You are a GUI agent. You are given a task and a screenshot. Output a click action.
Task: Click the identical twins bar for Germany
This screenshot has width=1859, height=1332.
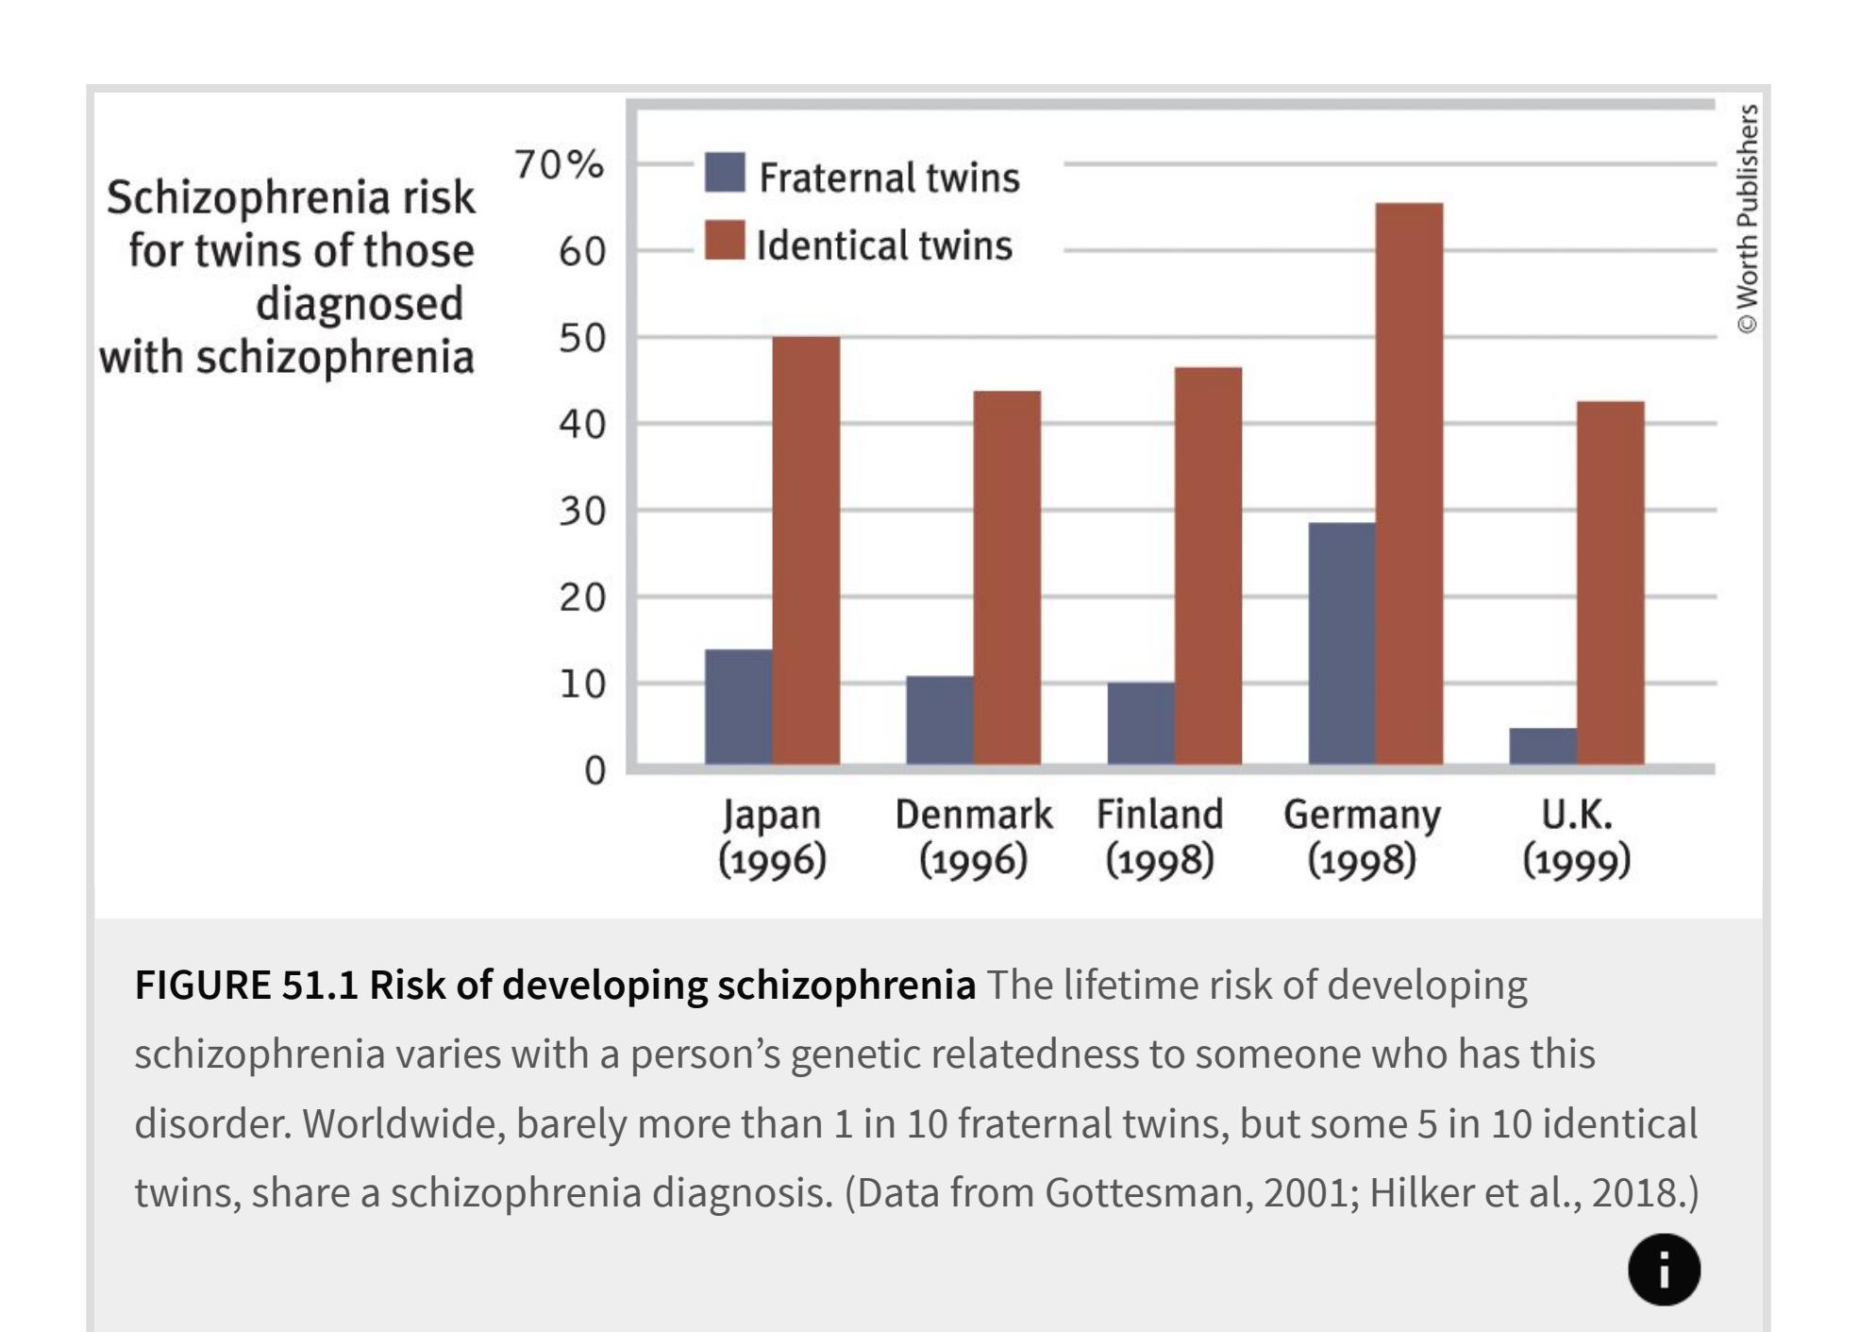(x=1409, y=482)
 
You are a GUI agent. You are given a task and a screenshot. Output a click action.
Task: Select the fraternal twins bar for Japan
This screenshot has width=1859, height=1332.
(x=738, y=706)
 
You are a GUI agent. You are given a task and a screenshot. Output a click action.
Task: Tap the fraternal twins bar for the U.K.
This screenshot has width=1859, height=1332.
(x=1543, y=746)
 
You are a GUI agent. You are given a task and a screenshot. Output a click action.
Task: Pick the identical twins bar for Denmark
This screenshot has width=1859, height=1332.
(x=1007, y=577)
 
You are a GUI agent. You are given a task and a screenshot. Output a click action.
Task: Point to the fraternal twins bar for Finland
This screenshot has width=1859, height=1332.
(x=1141, y=722)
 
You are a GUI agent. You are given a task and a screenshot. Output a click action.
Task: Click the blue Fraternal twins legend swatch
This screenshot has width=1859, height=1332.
(x=725, y=173)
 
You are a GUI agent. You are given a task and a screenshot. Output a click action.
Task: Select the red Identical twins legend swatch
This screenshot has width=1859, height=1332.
(x=725, y=241)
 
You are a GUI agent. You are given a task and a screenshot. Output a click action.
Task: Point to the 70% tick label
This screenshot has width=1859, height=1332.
(x=559, y=165)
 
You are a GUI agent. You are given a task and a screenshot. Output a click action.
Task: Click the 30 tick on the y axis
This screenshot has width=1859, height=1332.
(x=581, y=512)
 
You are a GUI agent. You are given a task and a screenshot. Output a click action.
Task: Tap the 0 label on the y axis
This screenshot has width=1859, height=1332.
(x=595, y=771)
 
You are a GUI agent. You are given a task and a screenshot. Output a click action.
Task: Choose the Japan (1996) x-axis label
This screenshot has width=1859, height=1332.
(x=772, y=837)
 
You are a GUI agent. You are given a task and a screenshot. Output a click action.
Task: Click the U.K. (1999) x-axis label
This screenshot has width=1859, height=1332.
(x=1576, y=837)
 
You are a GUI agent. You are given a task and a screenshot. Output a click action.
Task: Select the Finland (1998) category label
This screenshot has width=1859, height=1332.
(x=1160, y=837)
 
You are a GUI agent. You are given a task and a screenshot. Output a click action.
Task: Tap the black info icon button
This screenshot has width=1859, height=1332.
(x=1664, y=1270)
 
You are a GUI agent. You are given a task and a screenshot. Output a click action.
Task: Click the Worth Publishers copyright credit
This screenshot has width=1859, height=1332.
(x=1748, y=219)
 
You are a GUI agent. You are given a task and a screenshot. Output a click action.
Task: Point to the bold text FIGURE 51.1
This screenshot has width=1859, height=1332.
(x=246, y=986)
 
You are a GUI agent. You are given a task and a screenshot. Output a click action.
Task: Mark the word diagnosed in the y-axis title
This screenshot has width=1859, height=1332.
(x=360, y=305)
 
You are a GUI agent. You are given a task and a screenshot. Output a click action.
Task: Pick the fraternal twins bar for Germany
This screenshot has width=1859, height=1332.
(x=1342, y=643)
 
